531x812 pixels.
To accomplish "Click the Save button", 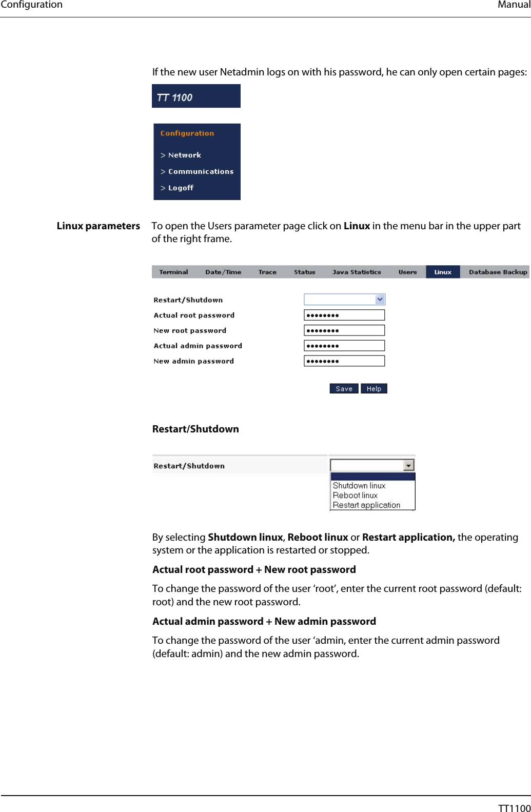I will pyautogui.click(x=344, y=389).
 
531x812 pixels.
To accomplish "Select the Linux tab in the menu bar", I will pyautogui.click(x=443, y=272).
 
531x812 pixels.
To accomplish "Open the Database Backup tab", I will pyautogui.click(x=498, y=272).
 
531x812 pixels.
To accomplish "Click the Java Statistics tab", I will pyautogui.click(x=357, y=272).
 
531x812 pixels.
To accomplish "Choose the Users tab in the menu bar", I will pyautogui.click(x=407, y=272).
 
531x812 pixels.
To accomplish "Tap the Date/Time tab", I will pyautogui.click(x=223, y=272).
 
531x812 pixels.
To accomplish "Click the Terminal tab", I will pyautogui.click(x=173, y=272).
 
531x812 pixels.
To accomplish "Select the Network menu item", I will pyautogui.click(x=184, y=155).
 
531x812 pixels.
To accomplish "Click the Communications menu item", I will pyautogui.click(x=200, y=171).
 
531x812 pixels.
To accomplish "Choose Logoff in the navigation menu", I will pyautogui.click(x=181, y=188).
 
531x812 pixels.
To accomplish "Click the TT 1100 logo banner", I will pyautogui.click(x=196, y=96).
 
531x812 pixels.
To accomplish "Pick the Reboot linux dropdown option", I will pyautogui.click(x=355, y=496).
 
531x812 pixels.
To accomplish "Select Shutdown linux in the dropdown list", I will pyautogui.click(x=359, y=486).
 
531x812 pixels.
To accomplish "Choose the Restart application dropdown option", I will pyautogui.click(x=366, y=505).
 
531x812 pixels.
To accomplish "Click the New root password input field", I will pyautogui.click(x=344, y=330).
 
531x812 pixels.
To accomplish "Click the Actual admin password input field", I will pyautogui.click(x=344, y=346).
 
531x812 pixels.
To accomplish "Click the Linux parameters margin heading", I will pyautogui.click(x=98, y=226).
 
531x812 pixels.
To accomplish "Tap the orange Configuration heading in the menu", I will pyautogui.click(x=187, y=133).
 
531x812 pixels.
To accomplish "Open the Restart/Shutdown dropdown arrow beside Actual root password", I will pyautogui.click(x=380, y=300).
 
